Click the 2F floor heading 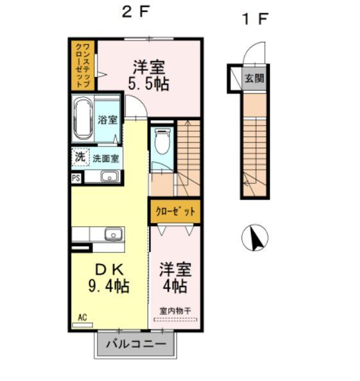click(x=135, y=12)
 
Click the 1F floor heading click(x=255, y=19)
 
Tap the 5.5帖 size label click(x=149, y=84)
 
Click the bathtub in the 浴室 click(x=83, y=120)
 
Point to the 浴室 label click(x=108, y=120)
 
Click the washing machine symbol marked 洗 click(x=80, y=157)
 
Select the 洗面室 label click(x=106, y=159)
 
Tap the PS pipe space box click(x=76, y=178)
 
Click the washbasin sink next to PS click(x=110, y=177)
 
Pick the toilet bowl click(x=162, y=141)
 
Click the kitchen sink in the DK click(x=114, y=234)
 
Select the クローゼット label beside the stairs click(x=175, y=211)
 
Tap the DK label click(x=108, y=269)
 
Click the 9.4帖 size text click(x=108, y=286)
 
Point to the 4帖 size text click(x=175, y=286)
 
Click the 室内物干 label click(x=175, y=311)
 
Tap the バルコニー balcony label click(x=135, y=344)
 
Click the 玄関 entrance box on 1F click(x=254, y=78)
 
